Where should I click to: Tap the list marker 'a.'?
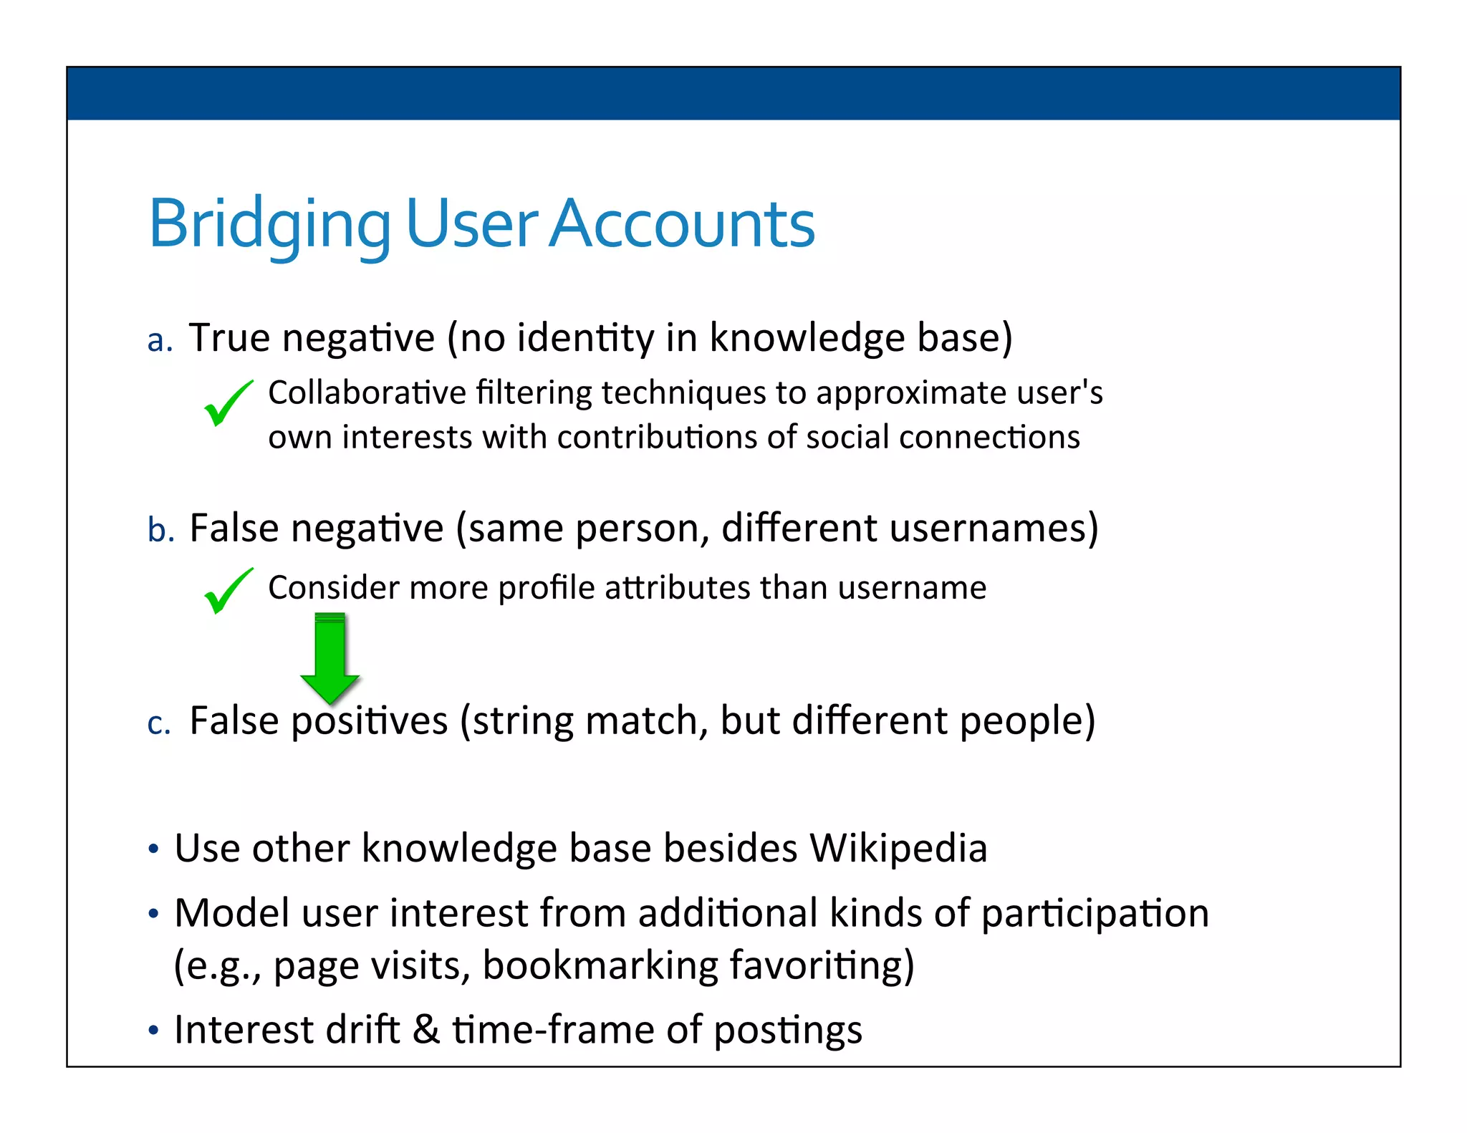coord(160,341)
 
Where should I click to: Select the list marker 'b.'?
coord(160,531)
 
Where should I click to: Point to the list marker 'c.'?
coord(158,723)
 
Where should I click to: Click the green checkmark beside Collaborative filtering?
coord(228,402)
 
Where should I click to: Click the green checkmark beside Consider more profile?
coord(228,590)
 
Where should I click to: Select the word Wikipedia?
coord(898,849)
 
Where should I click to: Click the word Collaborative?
coord(367,392)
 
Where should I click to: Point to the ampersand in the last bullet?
coord(425,1030)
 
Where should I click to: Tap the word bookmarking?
coord(600,965)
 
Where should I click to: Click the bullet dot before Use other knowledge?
coord(153,850)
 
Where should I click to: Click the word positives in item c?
coord(369,720)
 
